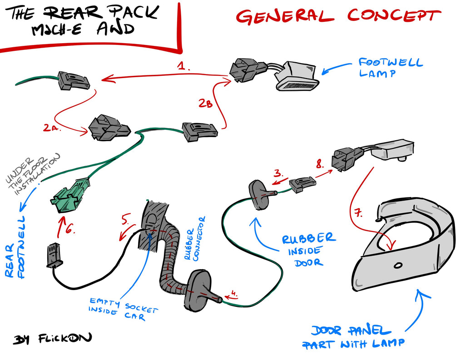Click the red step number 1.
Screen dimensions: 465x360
point(183,66)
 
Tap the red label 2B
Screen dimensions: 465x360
point(206,103)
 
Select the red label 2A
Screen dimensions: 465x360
point(52,128)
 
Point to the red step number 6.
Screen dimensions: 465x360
point(70,229)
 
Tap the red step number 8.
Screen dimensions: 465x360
point(320,164)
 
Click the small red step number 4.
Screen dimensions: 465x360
point(234,293)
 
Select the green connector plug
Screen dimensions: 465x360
point(70,195)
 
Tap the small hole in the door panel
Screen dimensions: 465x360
point(398,265)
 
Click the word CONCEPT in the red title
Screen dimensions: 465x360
point(394,16)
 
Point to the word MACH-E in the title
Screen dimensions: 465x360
point(56,30)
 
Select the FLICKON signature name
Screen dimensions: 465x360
point(65,338)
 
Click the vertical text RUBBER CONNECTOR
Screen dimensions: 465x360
point(194,239)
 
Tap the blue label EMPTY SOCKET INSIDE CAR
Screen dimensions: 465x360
point(123,309)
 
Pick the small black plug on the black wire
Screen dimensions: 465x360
point(54,255)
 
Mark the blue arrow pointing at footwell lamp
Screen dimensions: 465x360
point(336,68)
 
